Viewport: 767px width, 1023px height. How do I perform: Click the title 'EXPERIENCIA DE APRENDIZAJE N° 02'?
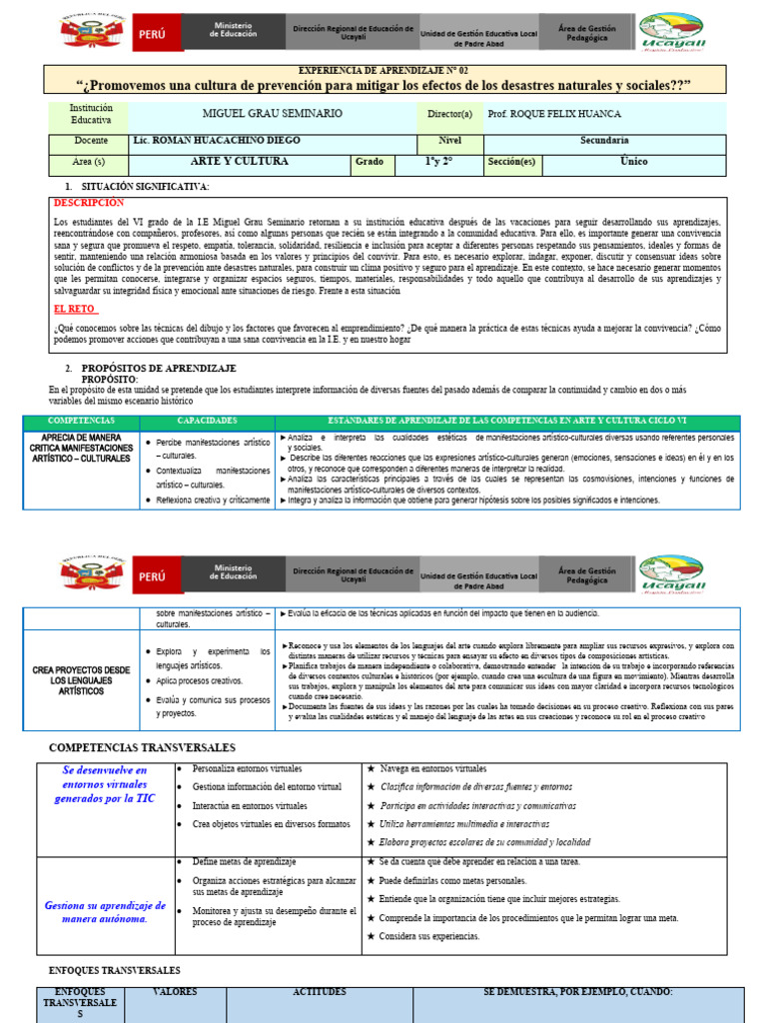pyautogui.click(x=384, y=72)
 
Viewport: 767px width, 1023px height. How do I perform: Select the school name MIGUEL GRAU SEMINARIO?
pyautogui.click(x=272, y=115)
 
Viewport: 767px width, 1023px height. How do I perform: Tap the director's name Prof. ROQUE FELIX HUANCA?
pyautogui.click(x=555, y=115)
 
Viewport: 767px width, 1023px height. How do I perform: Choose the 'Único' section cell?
pyautogui.click(x=633, y=161)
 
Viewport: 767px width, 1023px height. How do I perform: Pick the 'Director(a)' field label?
pyautogui.click(x=449, y=115)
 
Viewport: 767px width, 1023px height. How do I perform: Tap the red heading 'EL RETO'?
pyautogui.click(x=76, y=310)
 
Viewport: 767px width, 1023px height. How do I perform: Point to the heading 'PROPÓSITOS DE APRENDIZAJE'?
pyautogui.click(x=158, y=369)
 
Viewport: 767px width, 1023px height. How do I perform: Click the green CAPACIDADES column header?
pyautogui.click(x=207, y=422)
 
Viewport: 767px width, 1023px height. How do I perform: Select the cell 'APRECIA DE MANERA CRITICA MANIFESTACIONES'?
pyautogui.click(x=82, y=449)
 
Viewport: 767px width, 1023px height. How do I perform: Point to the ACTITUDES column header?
pyautogui.click(x=319, y=992)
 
